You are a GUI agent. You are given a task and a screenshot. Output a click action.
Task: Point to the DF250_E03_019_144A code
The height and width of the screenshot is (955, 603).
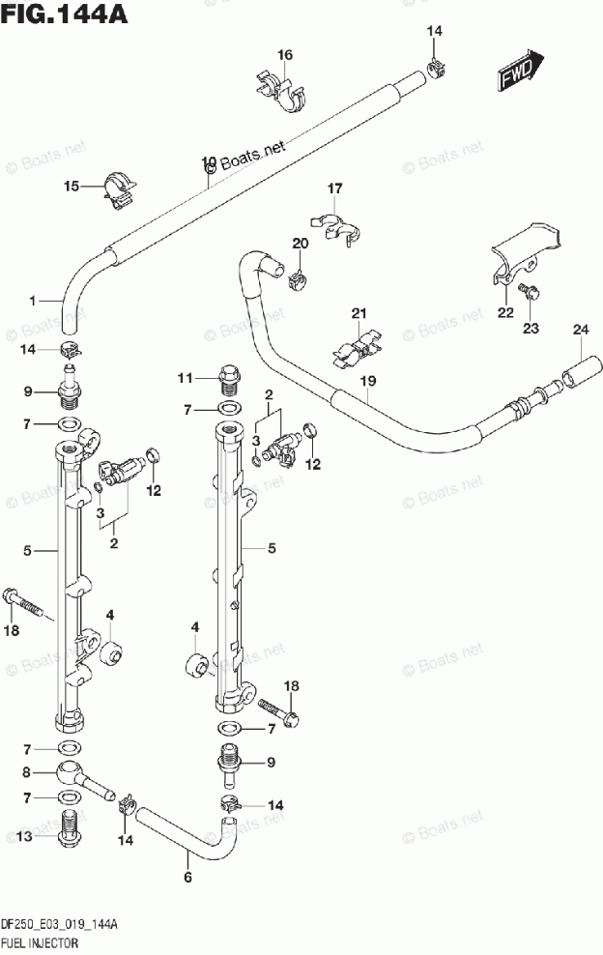pyautogui.click(x=60, y=924)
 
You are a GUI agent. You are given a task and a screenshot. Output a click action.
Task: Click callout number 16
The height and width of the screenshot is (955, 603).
pyautogui.click(x=285, y=54)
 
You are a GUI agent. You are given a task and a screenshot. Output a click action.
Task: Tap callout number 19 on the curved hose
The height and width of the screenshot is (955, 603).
pyautogui.click(x=367, y=382)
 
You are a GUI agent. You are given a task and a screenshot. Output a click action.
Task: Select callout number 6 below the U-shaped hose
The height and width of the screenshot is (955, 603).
pyautogui.click(x=187, y=877)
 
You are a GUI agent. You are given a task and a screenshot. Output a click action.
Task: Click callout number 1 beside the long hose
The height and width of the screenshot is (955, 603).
pyautogui.click(x=31, y=302)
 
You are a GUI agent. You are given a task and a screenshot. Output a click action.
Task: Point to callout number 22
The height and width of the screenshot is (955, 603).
pyautogui.click(x=505, y=311)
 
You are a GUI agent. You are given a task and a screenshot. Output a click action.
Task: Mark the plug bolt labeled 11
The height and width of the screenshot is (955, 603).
pyautogui.click(x=229, y=376)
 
